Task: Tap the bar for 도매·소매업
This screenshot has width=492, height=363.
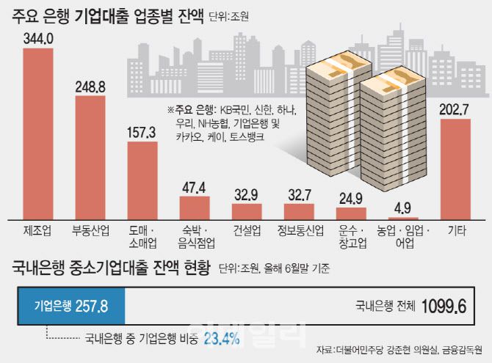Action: (x=142, y=180)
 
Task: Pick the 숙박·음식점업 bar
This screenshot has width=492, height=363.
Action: (x=195, y=208)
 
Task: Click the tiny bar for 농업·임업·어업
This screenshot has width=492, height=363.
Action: (x=403, y=218)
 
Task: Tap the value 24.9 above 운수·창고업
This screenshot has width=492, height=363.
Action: (x=352, y=197)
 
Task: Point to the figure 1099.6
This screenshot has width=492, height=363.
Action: (x=444, y=301)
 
